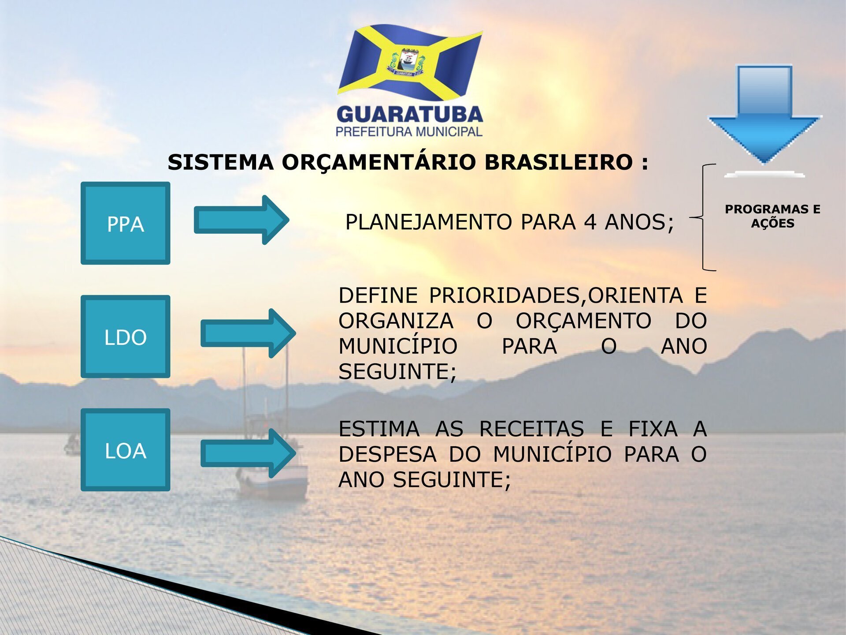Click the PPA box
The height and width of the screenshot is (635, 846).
click(x=126, y=223)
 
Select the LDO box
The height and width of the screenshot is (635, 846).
click(x=126, y=336)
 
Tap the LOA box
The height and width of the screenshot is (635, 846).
click(x=126, y=450)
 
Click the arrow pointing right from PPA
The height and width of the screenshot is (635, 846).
click(x=241, y=220)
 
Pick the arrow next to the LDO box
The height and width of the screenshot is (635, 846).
click(x=248, y=333)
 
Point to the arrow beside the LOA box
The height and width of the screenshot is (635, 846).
click(x=248, y=453)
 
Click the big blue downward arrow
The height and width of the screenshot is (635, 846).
click(x=764, y=115)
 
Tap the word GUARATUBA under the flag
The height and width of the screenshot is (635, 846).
click(x=410, y=115)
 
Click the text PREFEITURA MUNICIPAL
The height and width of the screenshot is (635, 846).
click(x=409, y=132)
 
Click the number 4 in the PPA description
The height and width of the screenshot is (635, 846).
click(x=590, y=222)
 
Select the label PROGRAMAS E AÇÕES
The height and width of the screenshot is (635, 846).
click(x=773, y=216)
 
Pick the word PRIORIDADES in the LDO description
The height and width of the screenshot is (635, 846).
click(x=505, y=295)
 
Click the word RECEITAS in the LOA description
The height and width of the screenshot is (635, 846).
click(x=531, y=429)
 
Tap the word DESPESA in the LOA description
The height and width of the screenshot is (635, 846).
click(x=387, y=454)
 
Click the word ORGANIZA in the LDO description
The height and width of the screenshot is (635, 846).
click(x=396, y=321)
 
